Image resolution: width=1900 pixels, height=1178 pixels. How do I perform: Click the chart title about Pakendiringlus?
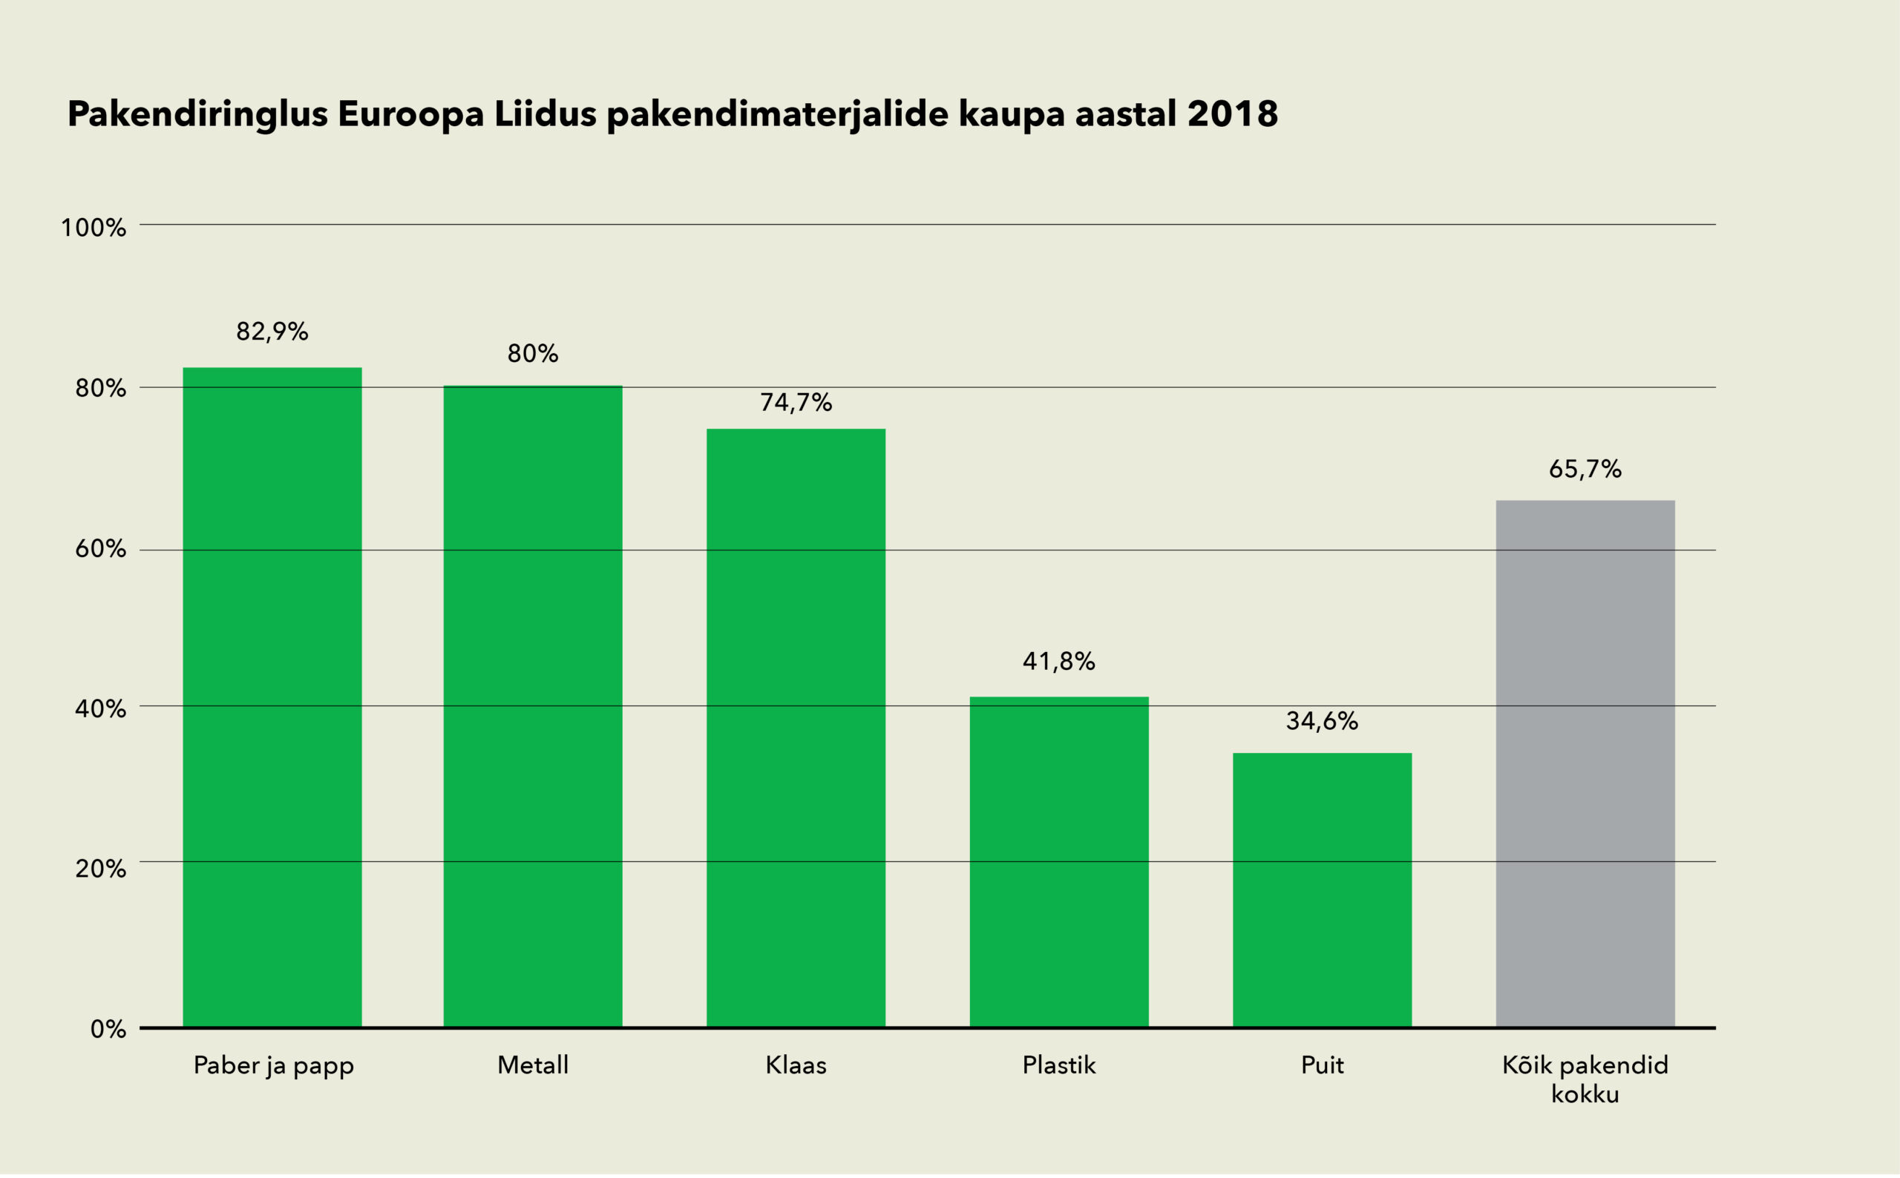672,115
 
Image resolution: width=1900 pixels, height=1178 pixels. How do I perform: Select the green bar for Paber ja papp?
272,697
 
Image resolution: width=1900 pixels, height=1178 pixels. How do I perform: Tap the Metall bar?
533,707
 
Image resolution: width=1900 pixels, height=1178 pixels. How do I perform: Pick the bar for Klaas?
796,728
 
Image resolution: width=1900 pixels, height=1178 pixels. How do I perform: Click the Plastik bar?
1059,863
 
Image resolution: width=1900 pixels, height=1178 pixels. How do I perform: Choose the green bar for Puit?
1322,890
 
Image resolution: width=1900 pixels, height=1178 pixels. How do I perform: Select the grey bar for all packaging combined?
1585,764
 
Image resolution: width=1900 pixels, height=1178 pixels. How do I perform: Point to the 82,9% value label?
272,332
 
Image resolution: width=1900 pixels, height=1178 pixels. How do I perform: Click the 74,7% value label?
796,403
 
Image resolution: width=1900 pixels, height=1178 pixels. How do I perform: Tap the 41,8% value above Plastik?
1059,662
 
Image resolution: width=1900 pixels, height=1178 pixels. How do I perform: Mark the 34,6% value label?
1322,722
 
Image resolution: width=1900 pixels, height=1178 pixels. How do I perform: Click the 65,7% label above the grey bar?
1585,469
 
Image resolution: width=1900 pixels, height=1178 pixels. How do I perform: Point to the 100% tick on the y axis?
94,228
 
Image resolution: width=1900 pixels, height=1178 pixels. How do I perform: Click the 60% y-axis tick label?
100,549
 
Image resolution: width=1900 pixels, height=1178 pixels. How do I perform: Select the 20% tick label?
100,869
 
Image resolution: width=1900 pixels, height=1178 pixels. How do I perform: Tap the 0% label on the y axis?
108,1029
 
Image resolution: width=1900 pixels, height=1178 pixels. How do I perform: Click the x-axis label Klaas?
796,1065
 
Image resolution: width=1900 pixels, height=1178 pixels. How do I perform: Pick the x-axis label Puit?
1322,1065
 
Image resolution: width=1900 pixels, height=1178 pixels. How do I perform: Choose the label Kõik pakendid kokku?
1585,1079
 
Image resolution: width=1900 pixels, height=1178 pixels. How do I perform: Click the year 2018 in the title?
1233,113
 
